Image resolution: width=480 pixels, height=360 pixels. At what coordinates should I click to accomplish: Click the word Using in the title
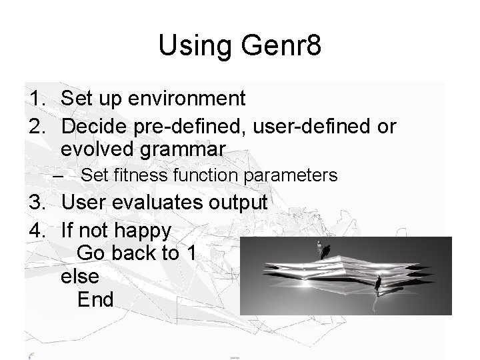[193, 46]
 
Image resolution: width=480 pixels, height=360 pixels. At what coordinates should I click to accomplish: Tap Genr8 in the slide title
[275, 46]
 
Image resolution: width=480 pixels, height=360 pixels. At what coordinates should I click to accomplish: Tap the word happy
[145, 231]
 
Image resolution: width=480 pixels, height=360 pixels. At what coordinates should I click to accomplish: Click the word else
[79, 276]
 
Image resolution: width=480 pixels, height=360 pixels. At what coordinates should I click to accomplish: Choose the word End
[95, 299]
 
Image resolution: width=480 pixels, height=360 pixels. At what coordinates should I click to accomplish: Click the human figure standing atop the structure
[325, 251]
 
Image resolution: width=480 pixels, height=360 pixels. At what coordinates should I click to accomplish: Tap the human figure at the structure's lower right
[378, 285]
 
